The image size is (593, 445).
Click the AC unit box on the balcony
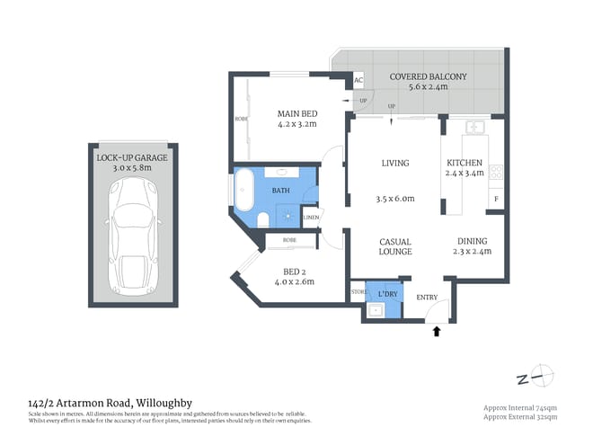pyautogui.click(x=358, y=80)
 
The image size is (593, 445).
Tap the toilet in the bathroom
pyautogui.click(x=261, y=220)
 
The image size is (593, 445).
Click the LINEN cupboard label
pyautogui.click(x=311, y=218)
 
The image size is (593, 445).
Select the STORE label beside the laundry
pyautogui.click(x=358, y=290)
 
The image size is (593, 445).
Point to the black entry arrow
pyautogui.click(x=438, y=332)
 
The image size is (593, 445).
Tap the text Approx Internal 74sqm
pyautogui.click(x=520, y=408)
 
